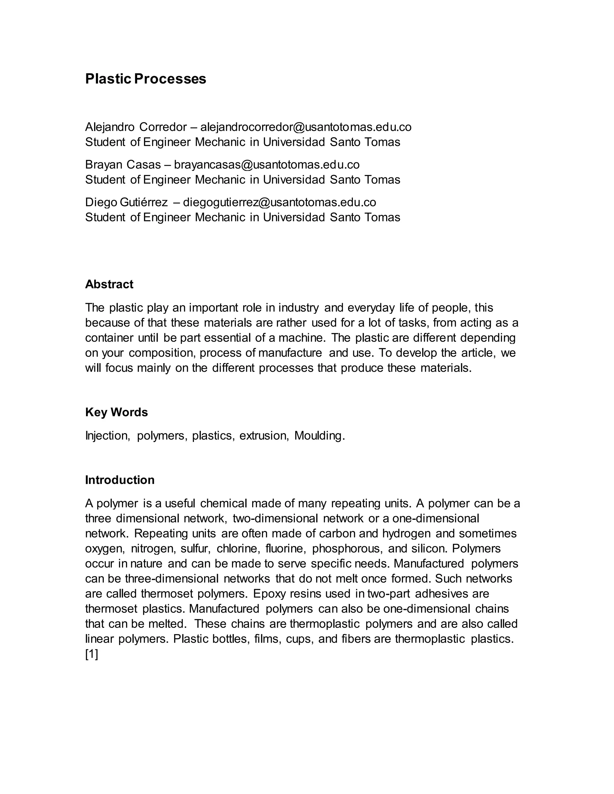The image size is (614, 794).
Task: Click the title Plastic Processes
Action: [145, 79]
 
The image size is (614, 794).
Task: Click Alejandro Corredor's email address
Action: [306, 127]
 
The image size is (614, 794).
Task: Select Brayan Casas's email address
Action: [267, 165]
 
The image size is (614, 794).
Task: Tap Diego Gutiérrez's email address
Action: [279, 202]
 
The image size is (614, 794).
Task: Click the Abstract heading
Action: [109, 284]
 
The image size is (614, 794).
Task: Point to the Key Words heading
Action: [116, 412]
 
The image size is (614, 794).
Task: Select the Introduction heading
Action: [120, 480]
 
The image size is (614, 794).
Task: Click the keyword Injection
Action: [107, 436]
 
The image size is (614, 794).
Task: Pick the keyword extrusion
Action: [264, 436]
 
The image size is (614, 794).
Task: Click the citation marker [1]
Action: [92, 654]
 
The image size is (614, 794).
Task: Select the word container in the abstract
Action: [109, 338]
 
